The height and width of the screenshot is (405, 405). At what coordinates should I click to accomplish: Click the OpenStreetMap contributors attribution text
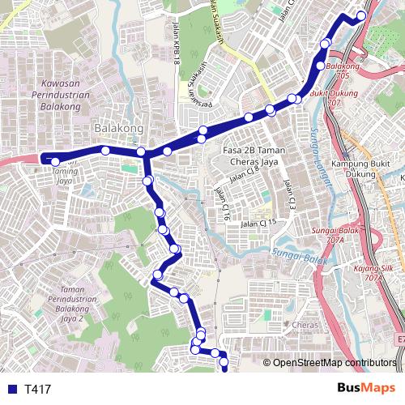pyautogui.click(x=334, y=364)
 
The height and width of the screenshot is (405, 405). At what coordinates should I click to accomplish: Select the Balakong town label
pyautogui.click(x=118, y=128)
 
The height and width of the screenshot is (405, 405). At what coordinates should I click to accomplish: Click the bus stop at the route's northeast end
pyautogui.click(x=361, y=15)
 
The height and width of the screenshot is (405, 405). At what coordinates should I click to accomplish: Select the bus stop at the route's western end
pyautogui.click(x=55, y=162)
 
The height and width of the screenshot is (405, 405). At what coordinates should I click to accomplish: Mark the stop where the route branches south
pyautogui.click(x=141, y=151)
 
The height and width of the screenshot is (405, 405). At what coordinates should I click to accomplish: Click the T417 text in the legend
pyautogui.click(x=38, y=389)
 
